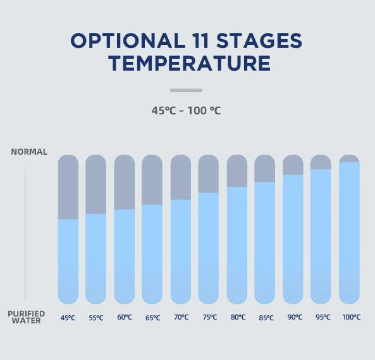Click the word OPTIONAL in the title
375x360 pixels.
pyautogui.click(x=128, y=40)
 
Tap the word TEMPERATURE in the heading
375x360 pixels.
pyautogui.click(x=190, y=63)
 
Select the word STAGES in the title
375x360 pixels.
pyautogui.click(x=259, y=40)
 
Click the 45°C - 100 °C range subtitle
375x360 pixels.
pyautogui.click(x=186, y=111)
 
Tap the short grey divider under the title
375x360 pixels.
pyautogui.click(x=186, y=90)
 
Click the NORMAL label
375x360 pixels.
pyautogui.click(x=29, y=152)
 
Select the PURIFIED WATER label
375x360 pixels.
pyautogui.click(x=27, y=317)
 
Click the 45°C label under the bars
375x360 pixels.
pyautogui.click(x=68, y=318)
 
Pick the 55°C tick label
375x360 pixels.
pyautogui.click(x=96, y=318)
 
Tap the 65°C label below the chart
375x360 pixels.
pyautogui.click(x=153, y=318)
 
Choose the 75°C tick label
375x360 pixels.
pyautogui.click(x=210, y=317)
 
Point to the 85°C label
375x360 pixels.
pyautogui.click(x=266, y=318)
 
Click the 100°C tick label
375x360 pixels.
pyautogui.click(x=352, y=317)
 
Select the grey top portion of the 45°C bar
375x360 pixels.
pyautogui.click(x=68, y=187)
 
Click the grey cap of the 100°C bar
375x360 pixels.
pyautogui.click(x=349, y=159)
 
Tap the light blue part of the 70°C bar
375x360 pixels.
pyautogui.click(x=181, y=252)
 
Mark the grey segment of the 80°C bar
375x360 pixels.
pyautogui.click(x=237, y=171)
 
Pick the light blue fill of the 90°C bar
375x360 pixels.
pyautogui.click(x=293, y=239)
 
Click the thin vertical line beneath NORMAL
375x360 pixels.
pyautogui.click(x=25, y=234)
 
